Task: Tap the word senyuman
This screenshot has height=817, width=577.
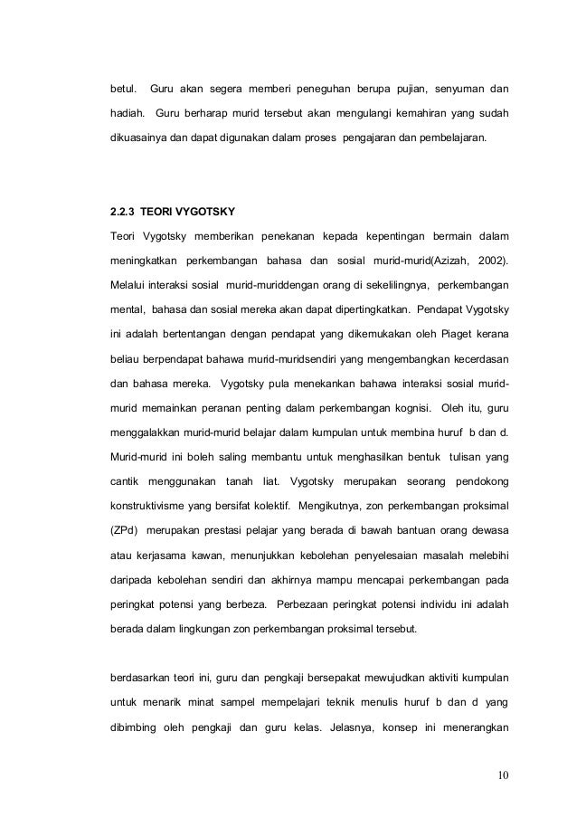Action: tap(449, 90)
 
